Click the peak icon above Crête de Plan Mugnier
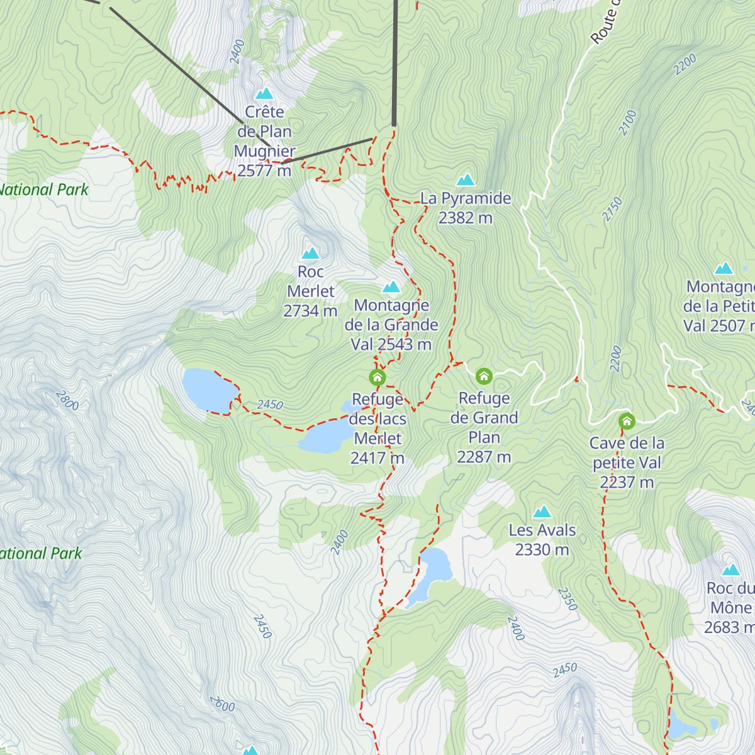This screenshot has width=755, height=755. pos(264,93)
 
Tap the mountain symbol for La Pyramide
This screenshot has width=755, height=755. pos(466,180)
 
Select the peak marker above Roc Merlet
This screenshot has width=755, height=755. pos(310,253)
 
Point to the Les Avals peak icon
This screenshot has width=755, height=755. pos(542,512)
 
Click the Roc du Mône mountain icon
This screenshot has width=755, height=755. pos(730,570)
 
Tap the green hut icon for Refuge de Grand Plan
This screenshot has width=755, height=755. pos(483,376)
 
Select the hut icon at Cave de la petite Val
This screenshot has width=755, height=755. pos(626,421)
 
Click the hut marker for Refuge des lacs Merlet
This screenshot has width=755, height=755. pos(377,377)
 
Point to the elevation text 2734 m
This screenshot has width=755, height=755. pos(310,311)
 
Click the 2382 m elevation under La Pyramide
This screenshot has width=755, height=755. pos(466,218)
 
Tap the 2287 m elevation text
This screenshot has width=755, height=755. pos(484,457)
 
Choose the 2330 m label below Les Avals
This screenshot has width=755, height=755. pos(542,550)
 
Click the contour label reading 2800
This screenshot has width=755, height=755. pos(67,400)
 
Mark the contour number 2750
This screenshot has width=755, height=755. pos(612,209)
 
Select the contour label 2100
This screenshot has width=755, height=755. pos(627,123)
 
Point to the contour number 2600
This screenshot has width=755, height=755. pos(222,703)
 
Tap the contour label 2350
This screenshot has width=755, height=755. pos(568,599)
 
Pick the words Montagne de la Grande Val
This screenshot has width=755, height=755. pos(391,325)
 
